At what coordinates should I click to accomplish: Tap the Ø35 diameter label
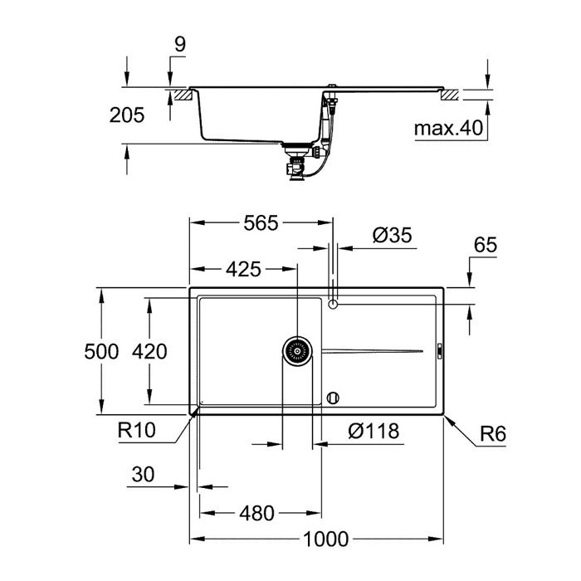(x=392, y=236)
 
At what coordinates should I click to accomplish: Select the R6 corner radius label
(x=492, y=433)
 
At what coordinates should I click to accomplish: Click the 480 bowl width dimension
(x=256, y=514)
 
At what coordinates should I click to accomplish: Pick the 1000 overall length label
(x=325, y=539)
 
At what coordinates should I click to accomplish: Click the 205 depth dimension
(x=127, y=115)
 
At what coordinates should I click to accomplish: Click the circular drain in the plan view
(x=297, y=352)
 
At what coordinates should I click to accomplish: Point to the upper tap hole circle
(x=334, y=305)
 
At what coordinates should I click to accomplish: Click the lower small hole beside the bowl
(x=334, y=398)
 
